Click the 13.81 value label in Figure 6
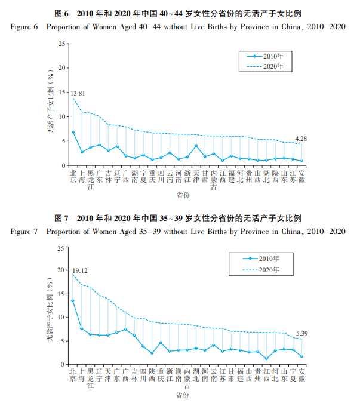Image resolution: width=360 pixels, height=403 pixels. pyautogui.click(x=78, y=93)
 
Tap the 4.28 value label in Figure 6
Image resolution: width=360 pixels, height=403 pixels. pyautogui.click(x=301, y=139)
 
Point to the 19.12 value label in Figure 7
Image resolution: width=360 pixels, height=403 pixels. pyautogui.click(x=80, y=270)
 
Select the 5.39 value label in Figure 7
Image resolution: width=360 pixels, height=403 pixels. pyautogui.click(x=301, y=333)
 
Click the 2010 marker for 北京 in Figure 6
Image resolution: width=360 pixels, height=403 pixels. pyautogui.click(x=73, y=133)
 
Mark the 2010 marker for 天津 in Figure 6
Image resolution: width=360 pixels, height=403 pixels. pyautogui.click(x=196, y=146)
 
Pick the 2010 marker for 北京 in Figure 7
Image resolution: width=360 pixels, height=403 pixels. pyautogui.click(x=73, y=301)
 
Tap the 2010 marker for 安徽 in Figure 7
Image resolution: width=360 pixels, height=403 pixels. pyautogui.click(x=301, y=357)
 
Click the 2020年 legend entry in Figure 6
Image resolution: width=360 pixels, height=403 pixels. pyautogui.click(x=265, y=66)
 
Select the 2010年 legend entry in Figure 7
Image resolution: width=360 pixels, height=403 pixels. pyautogui.click(x=261, y=259)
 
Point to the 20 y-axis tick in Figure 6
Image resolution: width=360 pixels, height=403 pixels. pyautogui.click(x=62, y=68)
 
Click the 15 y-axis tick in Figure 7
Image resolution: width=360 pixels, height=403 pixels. pyautogui.click(x=61, y=294)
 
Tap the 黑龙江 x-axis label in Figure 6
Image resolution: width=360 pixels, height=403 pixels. pyautogui.click(x=91, y=180)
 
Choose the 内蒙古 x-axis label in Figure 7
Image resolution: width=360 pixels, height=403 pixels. pyautogui.click(x=187, y=379)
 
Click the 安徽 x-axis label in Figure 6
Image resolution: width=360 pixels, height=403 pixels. pyautogui.click(x=301, y=177)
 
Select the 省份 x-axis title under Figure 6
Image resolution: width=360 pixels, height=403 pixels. pyautogui.click(x=183, y=195)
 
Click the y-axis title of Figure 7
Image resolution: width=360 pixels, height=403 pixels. pyautogui.click(x=50, y=310)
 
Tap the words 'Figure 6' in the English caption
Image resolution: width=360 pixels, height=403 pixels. pyautogui.click(x=24, y=27)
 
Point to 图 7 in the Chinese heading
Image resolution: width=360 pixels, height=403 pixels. pyautogui.click(x=61, y=218)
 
